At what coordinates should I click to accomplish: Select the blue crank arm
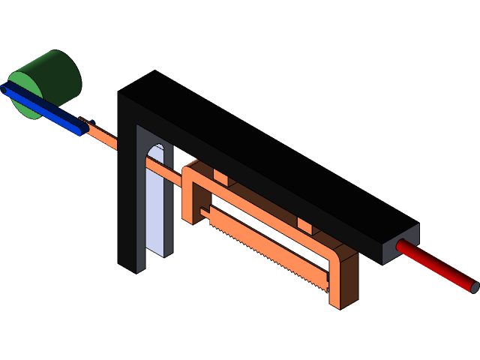(x=45, y=109)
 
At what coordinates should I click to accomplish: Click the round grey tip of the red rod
(x=474, y=286)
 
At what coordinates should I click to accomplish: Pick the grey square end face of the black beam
(x=397, y=243)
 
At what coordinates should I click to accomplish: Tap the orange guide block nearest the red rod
(x=304, y=224)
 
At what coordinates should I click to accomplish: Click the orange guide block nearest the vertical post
(x=220, y=177)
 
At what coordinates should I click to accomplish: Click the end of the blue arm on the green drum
(x=7, y=90)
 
